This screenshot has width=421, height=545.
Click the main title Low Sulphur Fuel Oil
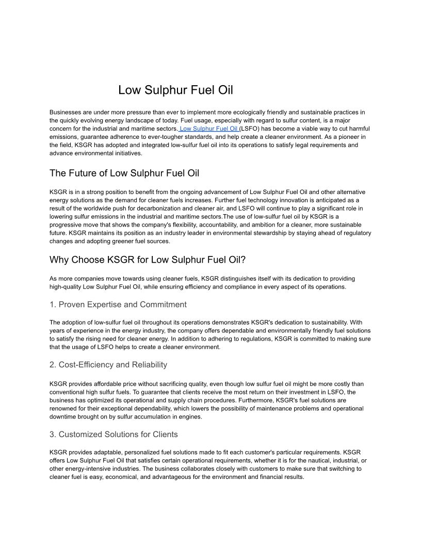pyautogui.click(x=175, y=90)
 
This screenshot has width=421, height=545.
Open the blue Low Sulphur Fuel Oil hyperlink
pyautogui.click(x=208, y=129)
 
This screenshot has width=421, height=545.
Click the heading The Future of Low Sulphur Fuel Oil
pyautogui.click(x=124, y=173)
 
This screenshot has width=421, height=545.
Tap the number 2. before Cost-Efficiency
pyautogui.click(x=53, y=365)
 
